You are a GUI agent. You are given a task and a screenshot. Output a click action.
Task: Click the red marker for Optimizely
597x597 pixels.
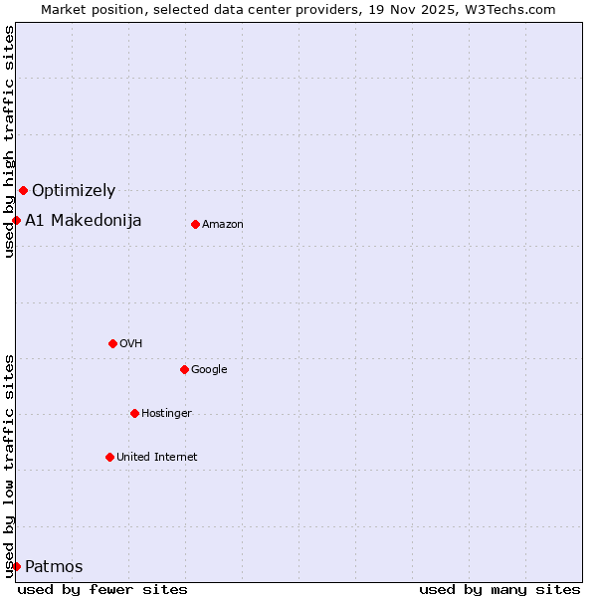point(23,190)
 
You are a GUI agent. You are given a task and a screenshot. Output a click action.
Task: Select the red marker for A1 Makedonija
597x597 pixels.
point(17,220)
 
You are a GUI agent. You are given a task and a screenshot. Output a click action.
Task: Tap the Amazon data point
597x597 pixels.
point(195,224)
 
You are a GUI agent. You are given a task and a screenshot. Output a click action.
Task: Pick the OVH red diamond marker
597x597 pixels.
point(112,343)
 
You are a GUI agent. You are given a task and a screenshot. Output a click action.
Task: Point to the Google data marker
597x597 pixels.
point(184,369)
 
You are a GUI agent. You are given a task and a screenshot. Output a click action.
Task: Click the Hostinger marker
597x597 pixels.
point(134,413)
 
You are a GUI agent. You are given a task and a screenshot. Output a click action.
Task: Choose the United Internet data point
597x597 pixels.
point(109,457)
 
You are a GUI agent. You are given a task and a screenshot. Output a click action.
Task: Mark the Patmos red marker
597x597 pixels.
point(17,566)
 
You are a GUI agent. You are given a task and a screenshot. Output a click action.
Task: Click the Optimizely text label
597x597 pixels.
point(74,190)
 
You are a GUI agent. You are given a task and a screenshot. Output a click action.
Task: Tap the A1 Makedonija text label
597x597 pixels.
point(84,220)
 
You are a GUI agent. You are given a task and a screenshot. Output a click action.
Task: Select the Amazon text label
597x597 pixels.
point(223,224)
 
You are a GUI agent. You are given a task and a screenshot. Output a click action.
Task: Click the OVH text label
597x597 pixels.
point(131,343)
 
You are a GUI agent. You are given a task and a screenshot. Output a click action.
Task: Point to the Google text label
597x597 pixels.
point(209,369)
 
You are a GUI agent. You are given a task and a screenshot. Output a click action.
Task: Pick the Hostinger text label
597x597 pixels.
point(166,413)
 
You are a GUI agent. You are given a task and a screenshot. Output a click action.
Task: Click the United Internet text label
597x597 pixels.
point(157,457)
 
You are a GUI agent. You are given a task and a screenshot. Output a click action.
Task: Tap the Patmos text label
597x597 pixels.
point(54,567)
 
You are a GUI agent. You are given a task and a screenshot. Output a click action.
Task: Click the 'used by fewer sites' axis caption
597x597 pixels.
point(102,589)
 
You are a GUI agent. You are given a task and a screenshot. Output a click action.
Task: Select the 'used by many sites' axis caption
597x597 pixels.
point(499,589)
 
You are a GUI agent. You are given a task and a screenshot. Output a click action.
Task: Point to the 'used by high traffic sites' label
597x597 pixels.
point(9,141)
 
